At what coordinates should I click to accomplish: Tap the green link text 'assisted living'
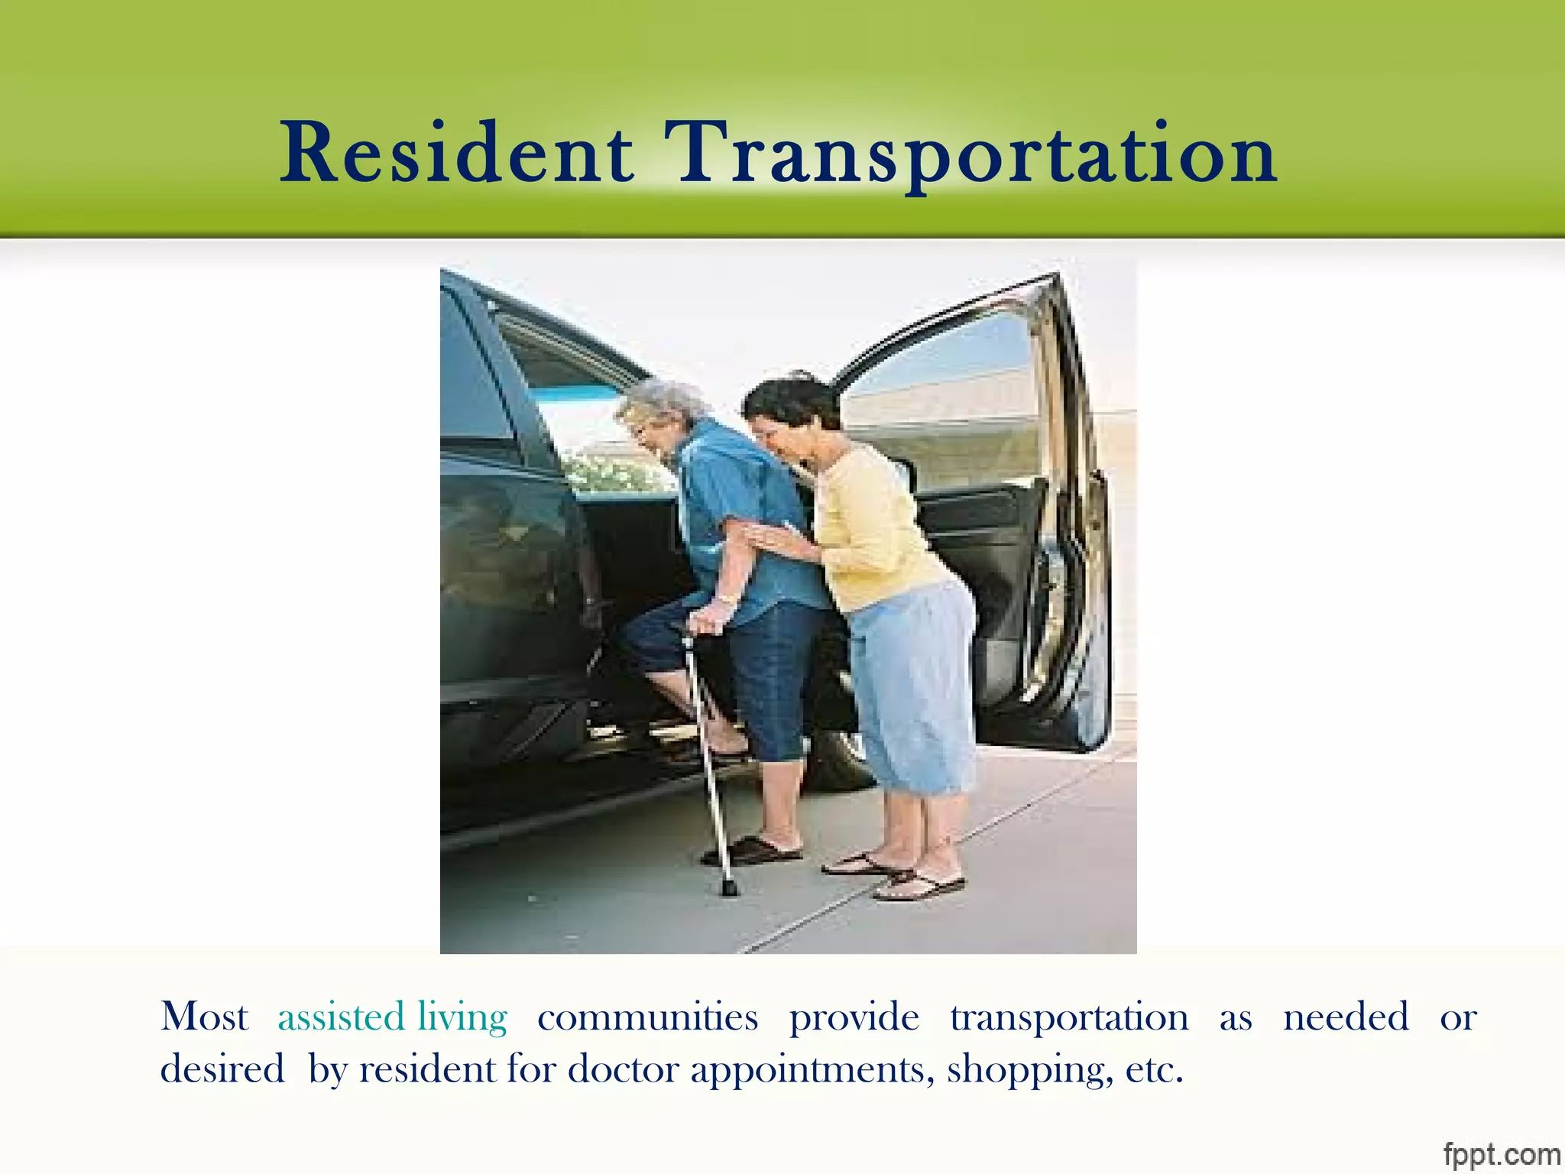coord(392,1017)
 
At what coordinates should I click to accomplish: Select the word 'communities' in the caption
coord(647,1017)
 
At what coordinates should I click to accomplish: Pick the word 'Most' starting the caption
coord(204,1017)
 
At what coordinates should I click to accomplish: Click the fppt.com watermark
coord(1501,1153)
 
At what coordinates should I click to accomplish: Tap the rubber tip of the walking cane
coord(729,889)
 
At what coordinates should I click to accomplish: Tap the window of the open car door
coord(948,382)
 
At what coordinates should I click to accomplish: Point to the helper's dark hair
coord(791,401)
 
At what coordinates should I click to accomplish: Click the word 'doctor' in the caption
coord(623,1069)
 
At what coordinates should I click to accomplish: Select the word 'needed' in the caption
coord(1346,1017)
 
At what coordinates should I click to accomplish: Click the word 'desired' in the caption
coord(222,1069)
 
